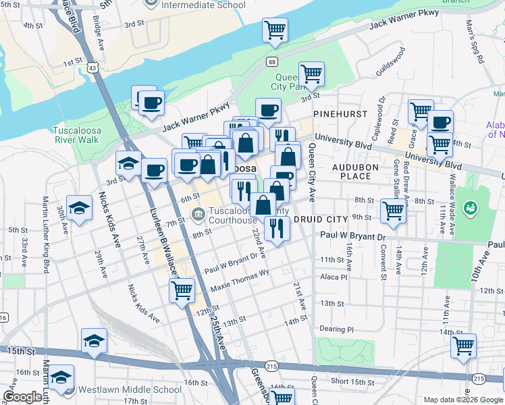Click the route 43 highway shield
91,67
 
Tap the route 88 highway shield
271,61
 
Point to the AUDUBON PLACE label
351,171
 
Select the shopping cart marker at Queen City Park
311,74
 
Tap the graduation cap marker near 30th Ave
78,209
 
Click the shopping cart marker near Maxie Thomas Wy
181,291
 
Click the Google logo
24,397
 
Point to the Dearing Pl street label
336,329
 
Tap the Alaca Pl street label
334,277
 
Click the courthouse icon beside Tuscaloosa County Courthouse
198,215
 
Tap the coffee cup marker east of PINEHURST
440,123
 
